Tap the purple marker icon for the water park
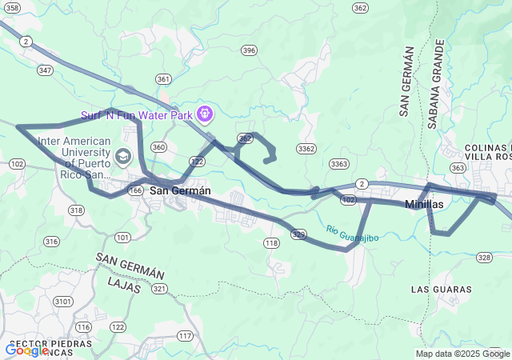click(204, 115)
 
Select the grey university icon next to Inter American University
click(124, 154)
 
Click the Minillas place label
click(424, 205)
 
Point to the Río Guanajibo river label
click(351, 234)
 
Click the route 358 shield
click(11, 6)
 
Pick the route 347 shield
click(45, 70)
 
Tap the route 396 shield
click(250, 50)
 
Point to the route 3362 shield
click(306, 149)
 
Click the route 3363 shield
click(339, 164)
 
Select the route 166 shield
click(135, 190)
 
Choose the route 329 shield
click(298, 234)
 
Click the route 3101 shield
click(62, 302)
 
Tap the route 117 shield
click(186, 335)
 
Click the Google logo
click(26, 350)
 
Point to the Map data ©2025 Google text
click(462, 354)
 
